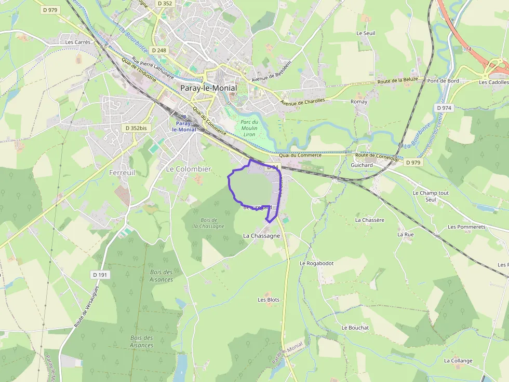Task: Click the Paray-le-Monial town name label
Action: click(208, 88)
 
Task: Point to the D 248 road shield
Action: click(159, 50)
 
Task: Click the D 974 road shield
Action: click(444, 108)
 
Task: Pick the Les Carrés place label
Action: click(78, 42)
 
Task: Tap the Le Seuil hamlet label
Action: click(366, 33)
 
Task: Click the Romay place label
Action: click(359, 102)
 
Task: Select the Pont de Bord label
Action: click(443, 81)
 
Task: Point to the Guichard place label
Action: click(361, 165)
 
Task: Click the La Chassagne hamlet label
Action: click(262, 235)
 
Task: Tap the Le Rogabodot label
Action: click(316, 263)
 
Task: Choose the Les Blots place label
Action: click(269, 300)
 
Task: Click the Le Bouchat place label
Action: click(355, 328)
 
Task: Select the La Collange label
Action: click(458, 360)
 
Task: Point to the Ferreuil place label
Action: click(122, 172)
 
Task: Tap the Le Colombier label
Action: click(189, 169)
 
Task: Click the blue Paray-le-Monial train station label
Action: click(186, 126)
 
